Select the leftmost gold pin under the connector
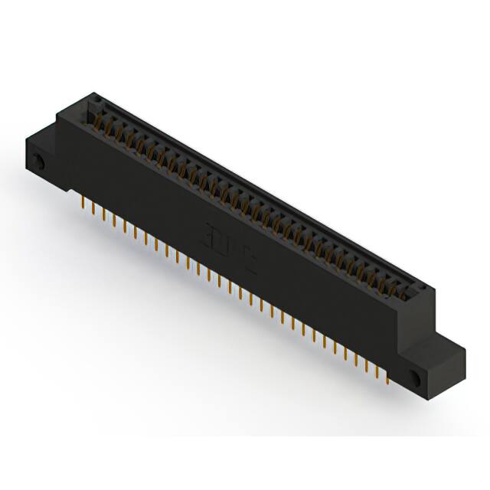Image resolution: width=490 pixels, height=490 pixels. point(83,201)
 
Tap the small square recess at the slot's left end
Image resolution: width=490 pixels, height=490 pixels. point(96,102)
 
